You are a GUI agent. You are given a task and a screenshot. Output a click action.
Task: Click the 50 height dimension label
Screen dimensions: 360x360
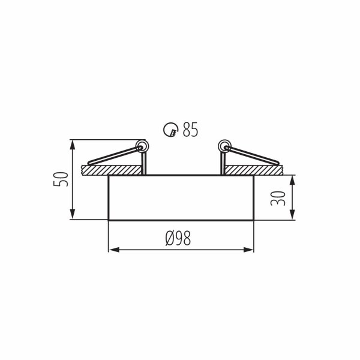pos(61,179)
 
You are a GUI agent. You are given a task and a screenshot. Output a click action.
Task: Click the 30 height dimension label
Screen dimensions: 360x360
pos(278,199)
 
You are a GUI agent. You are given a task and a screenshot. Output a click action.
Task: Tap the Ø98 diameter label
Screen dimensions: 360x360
pos(178,238)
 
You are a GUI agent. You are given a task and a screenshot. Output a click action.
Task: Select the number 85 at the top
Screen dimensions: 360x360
pos(190,130)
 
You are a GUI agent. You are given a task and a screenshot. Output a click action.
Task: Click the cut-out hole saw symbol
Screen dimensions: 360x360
pos(170,130)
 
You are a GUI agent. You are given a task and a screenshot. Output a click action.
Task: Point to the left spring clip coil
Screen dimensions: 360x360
pos(142,146)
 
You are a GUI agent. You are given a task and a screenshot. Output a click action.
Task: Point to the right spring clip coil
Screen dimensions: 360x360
pos(224,146)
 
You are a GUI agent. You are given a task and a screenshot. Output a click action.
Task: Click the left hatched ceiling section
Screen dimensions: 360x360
pos(112,170)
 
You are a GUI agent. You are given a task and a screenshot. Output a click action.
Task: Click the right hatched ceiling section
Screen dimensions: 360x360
pos(254,170)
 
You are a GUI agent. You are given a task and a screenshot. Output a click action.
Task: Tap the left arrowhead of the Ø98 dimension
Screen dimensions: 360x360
pos(113,250)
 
